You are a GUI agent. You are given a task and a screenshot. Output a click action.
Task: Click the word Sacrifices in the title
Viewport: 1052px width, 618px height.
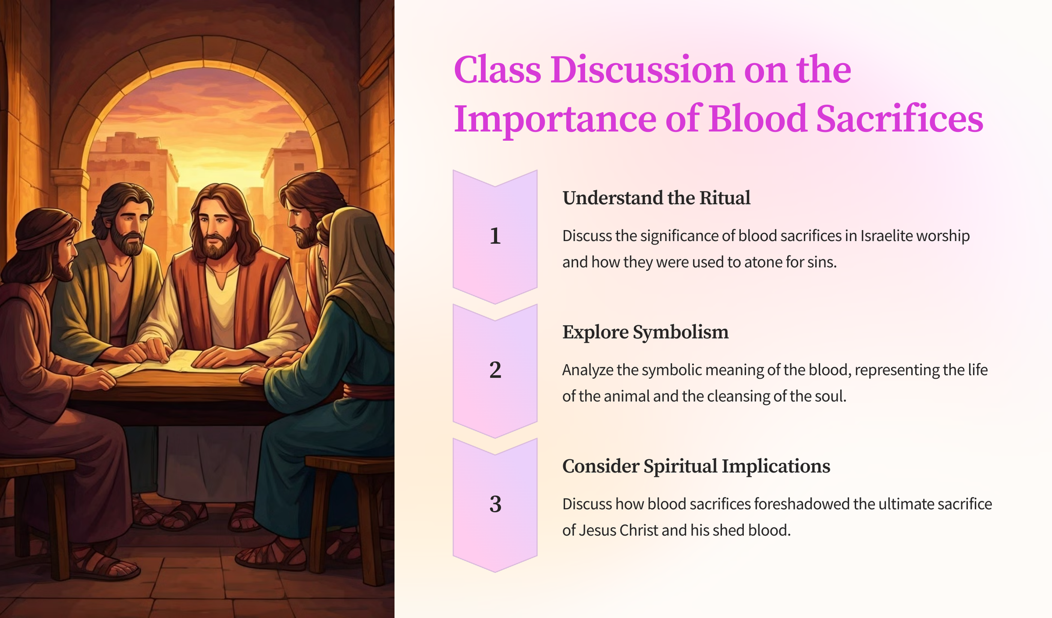pyautogui.click(x=899, y=119)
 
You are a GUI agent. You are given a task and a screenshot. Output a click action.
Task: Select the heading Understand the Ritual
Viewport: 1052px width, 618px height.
pyautogui.click(x=656, y=198)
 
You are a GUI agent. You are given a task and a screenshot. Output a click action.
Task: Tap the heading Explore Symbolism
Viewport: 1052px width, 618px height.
pyautogui.click(x=646, y=332)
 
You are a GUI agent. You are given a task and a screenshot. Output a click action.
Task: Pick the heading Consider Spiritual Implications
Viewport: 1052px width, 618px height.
pyautogui.click(x=696, y=466)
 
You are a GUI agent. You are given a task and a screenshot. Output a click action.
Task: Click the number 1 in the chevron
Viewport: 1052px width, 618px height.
pyautogui.click(x=495, y=236)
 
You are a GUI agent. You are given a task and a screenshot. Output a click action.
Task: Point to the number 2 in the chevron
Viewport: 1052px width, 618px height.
pyautogui.click(x=495, y=370)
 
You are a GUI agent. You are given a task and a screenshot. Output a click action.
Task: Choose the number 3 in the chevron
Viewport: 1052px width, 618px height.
pyautogui.click(x=495, y=504)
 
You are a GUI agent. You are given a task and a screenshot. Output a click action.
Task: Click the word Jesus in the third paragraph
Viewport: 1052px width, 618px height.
pyautogui.click(x=597, y=530)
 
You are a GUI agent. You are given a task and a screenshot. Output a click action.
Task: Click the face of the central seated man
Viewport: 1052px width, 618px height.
pyautogui.click(x=218, y=229)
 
